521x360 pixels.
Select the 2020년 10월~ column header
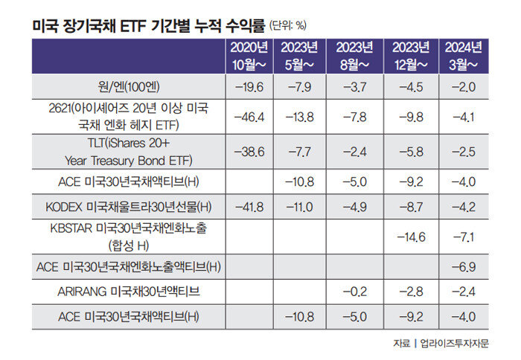(250, 56)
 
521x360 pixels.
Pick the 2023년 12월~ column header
(411, 56)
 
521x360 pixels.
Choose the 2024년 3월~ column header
(464, 56)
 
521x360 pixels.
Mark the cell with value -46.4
(250, 118)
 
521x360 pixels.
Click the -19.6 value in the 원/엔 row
(250, 88)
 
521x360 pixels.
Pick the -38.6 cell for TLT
(250, 152)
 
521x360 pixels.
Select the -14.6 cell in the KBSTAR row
(411, 237)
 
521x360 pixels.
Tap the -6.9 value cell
(464, 265)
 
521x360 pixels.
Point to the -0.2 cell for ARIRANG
(358, 291)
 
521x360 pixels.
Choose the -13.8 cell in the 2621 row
(304, 118)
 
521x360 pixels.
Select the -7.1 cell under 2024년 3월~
(464, 237)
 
